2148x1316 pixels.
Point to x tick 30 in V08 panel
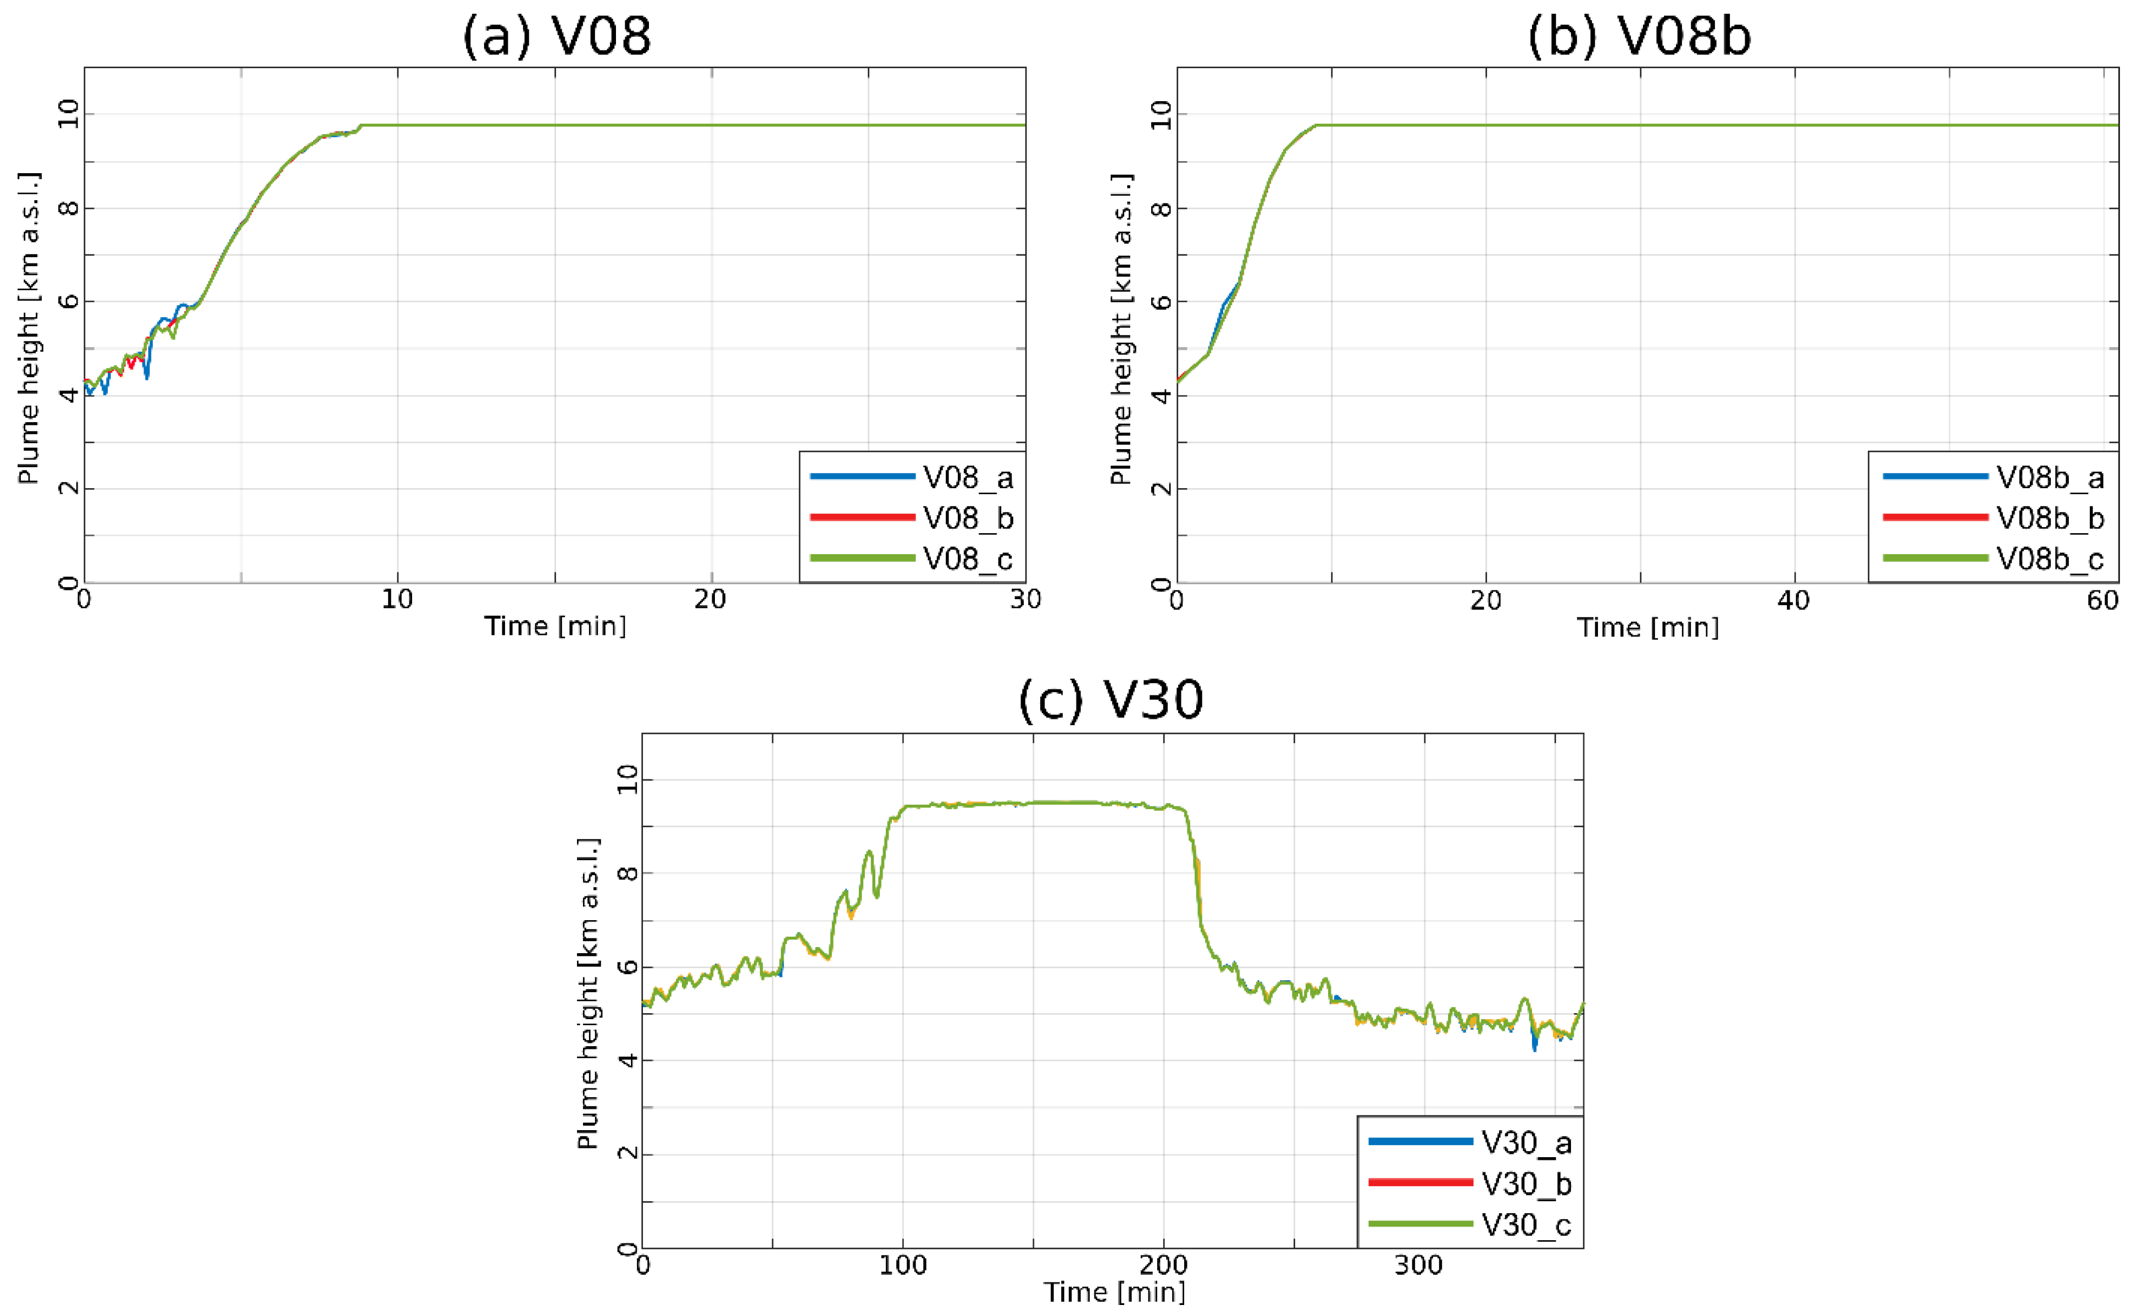tap(1025, 600)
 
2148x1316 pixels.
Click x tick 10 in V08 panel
tap(397, 600)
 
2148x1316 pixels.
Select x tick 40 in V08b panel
tap(1794, 600)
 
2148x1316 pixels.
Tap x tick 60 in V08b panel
tap(2103, 600)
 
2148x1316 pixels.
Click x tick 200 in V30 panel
tap(1163, 1264)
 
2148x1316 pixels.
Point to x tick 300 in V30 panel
tap(1418, 1264)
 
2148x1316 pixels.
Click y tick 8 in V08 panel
tap(68, 208)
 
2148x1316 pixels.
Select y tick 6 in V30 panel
tap(626, 966)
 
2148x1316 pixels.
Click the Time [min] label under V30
tap(1114, 1292)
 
